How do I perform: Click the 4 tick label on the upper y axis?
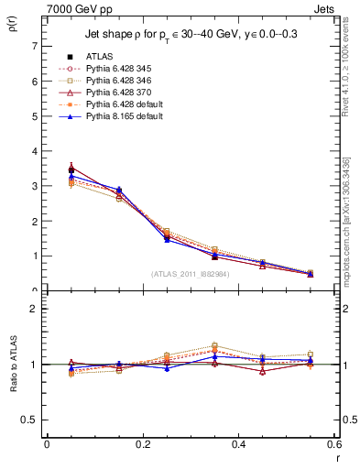point(34,151)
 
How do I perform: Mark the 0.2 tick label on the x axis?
point(142,444)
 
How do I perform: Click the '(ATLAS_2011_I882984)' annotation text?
point(191,273)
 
